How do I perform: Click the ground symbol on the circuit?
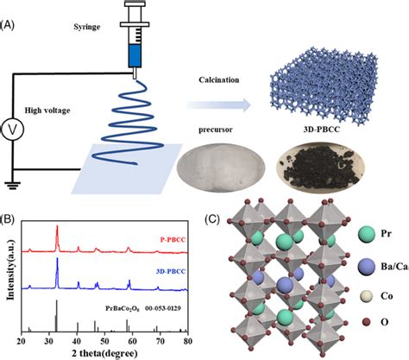pos(13,183)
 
